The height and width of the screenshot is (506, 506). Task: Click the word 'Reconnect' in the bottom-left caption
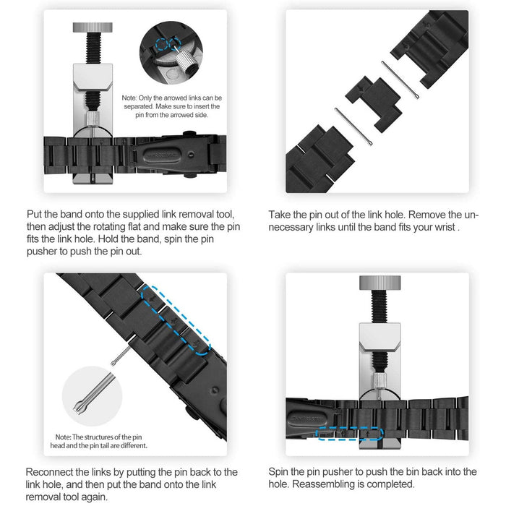click(x=52, y=471)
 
